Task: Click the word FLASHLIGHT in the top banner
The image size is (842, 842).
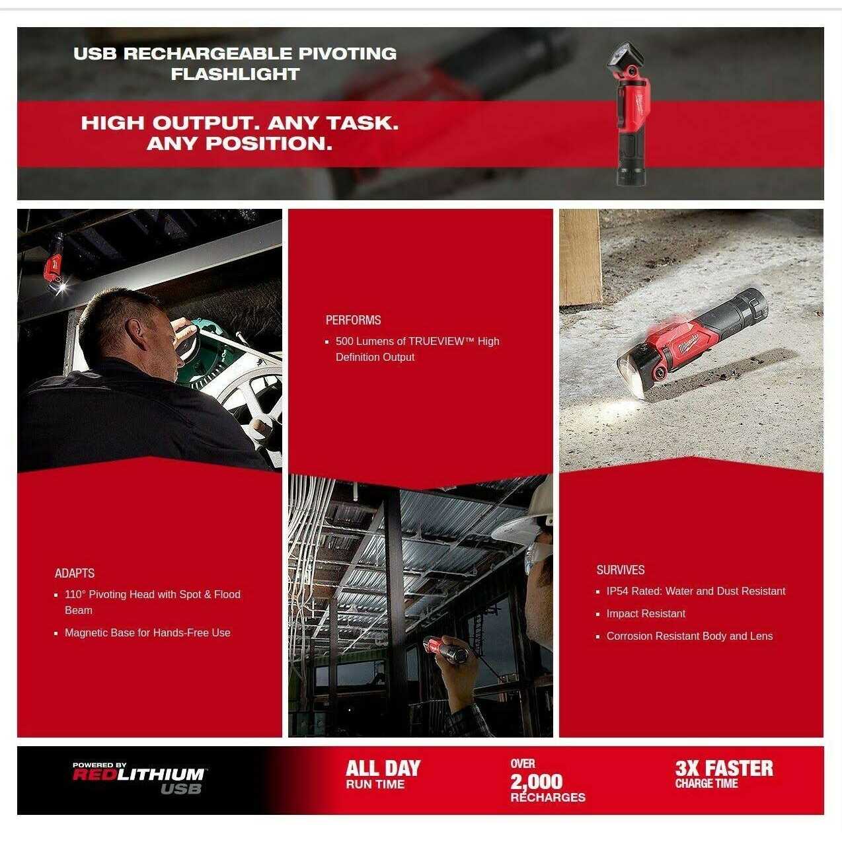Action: point(235,74)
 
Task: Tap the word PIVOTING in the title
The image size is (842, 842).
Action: point(348,54)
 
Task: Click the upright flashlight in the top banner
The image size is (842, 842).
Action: point(630,114)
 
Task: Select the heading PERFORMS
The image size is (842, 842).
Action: point(353,320)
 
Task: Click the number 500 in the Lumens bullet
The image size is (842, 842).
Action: point(344,341)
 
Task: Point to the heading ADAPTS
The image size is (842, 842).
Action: point(74,573)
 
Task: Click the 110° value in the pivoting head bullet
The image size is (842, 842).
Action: point(75,594)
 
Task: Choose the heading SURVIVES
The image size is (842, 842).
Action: point(621,570)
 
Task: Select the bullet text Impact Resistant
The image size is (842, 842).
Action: point(646,614)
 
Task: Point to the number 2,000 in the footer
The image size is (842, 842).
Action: point(537,782)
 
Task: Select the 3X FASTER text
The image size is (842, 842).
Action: point(724,769)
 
